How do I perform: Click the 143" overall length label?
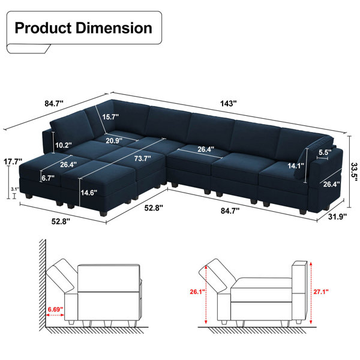point(228,104)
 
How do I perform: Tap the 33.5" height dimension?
point(355,172)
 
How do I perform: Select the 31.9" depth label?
point(337,216)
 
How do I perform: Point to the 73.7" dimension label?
point(143,158)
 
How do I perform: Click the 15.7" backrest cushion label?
point(110,117)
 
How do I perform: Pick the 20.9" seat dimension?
point(114,140)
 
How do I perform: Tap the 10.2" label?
point(64,145)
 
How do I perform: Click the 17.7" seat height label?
point(13,161)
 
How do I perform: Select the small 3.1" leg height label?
point(14,189)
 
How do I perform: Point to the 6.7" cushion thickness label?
point(48,178)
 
